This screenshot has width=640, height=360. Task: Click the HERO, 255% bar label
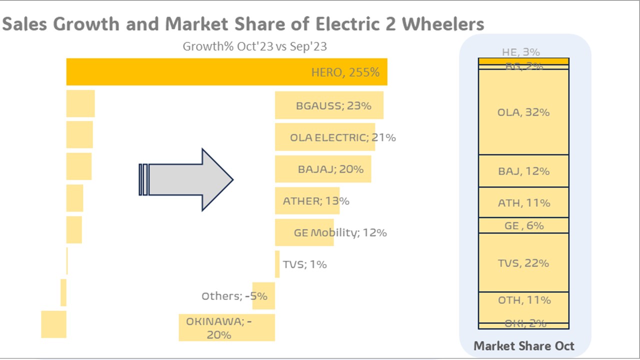[345, 72]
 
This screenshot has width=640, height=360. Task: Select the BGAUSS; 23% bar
[329, 105]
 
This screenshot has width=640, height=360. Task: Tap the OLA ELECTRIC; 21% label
[343, 137]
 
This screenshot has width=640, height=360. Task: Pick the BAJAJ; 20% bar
[323, 169]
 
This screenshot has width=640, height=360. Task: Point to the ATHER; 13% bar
[307, 201]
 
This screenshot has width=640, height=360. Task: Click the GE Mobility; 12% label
[340, 232]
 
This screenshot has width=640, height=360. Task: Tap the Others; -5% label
[234, 296]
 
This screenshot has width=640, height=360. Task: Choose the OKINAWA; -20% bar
[226, 327]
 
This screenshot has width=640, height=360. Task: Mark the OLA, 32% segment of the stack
[523, 112]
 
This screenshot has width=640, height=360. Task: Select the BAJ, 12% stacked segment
[523, 171]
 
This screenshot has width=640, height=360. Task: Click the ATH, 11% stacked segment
[523, 202]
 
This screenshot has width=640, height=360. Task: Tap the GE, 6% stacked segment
[523, 225]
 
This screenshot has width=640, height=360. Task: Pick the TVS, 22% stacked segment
[523, 262]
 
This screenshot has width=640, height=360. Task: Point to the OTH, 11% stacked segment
[523, 300]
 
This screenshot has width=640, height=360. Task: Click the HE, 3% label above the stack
[520, 52]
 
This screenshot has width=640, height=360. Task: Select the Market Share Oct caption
[523, 345]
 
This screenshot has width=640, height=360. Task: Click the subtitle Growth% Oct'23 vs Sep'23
[254, 46]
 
